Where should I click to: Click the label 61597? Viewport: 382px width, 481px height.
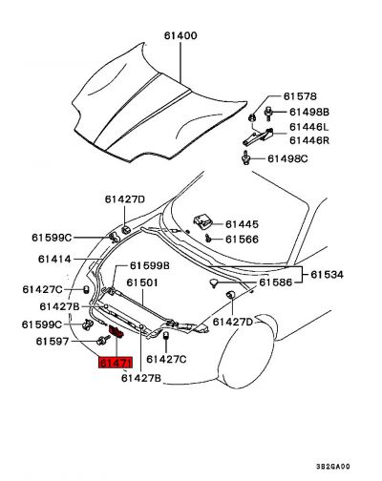point(53,342)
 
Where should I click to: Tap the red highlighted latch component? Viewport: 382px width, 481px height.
point(117,333)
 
